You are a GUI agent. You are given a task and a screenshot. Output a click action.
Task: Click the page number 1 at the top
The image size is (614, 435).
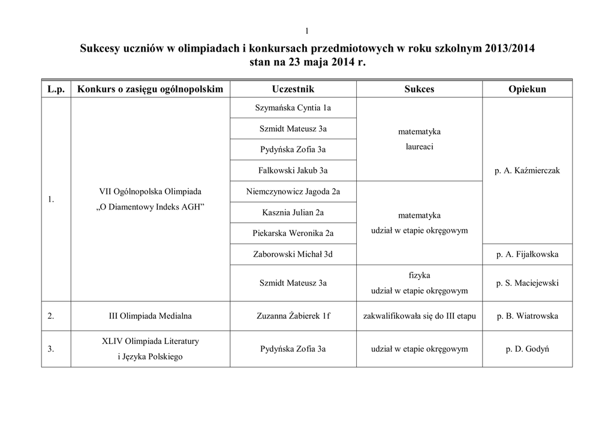pos(306,31)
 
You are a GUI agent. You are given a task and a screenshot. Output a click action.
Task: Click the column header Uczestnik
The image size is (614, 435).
pos(293,89)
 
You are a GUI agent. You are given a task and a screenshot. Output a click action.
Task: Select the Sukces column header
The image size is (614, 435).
pos(419,89)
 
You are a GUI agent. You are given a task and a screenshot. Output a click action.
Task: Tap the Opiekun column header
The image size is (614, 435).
pos(527,89)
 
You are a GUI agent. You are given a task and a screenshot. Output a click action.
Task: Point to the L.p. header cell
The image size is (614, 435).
pos(56,89)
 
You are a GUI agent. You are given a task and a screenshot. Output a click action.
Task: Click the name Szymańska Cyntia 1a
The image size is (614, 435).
pos(293,107)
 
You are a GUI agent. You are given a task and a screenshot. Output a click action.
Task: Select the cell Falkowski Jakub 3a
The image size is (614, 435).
pos(293,170)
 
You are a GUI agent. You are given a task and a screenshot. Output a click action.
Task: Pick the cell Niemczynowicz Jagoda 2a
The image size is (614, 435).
pos(293,191)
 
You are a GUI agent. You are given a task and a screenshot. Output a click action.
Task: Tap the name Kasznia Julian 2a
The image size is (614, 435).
pos(293,212)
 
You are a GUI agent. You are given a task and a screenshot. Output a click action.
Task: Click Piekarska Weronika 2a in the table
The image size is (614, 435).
pos(293,233)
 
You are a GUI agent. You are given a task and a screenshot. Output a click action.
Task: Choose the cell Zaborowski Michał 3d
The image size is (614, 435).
pos(293,254)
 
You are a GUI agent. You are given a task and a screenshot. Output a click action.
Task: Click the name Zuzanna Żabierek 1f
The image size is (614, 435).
pos(293,316)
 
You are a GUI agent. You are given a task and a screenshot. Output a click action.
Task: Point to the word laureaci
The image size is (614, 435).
pos(419,146)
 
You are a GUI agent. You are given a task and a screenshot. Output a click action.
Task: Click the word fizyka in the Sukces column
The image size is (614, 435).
pos(419,275)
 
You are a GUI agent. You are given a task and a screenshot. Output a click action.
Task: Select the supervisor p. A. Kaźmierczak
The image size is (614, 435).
pos(527,170)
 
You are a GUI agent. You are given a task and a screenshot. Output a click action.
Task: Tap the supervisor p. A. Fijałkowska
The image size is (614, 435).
pos(527,254)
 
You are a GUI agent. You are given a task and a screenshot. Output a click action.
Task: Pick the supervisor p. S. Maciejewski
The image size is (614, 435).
pos(527,283)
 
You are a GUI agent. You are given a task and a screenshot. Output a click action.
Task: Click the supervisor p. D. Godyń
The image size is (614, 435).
pos(527,349)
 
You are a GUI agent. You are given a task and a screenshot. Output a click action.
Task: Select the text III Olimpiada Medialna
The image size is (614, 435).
pos(150,316)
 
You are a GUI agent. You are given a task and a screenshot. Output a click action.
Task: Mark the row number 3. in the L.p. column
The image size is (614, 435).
pos(51,349)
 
